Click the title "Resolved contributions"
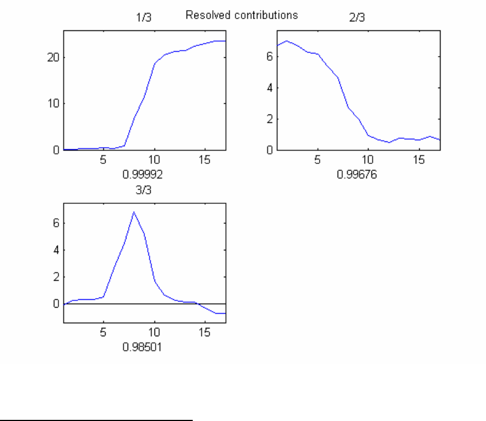[242, 16]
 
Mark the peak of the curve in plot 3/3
[134, 212]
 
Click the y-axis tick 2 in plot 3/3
[56, 277]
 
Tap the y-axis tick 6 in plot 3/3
[56, 223]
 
